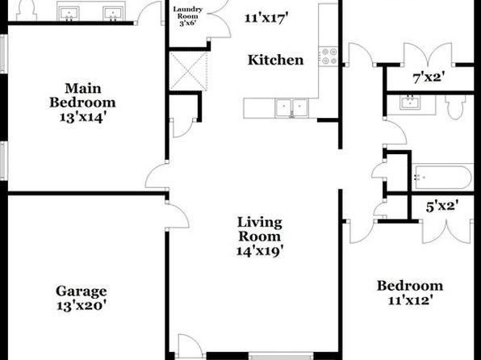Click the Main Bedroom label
click(x=83, y=103)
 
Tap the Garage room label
click(x=82, y=291)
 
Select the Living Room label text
click(x=260, y=229)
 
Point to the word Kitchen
click(x=275, y=60)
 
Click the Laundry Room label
click(x=188, y=13)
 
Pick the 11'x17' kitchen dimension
click(x=266, y=18)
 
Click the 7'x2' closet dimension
click(x=429, y=77)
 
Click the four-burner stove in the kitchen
click(x=328, y=57)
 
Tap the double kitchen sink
click(x=291, y=107)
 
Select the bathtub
click(x=441, y=178)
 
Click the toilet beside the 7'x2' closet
click(x=455, y=107)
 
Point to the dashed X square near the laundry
click(x=188, y=71)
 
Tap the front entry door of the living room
click(x=190, y=346)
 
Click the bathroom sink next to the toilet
click(x=411, y=103)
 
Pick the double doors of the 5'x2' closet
click(x=446, y=232)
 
